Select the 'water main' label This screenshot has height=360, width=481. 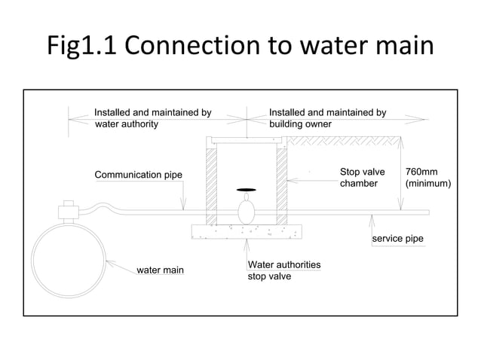point(160,270)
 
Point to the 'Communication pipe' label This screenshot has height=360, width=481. point(138,175)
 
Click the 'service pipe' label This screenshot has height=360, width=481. point(397,239)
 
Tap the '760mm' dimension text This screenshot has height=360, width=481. point(421,172)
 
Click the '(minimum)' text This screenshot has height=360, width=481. point(427,184)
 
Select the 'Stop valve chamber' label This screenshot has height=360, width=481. point(362,178)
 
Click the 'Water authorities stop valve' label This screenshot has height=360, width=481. point(284,270)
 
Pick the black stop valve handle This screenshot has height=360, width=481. point(247,189)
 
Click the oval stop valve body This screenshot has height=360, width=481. point(247,211)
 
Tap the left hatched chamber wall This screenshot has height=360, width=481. point(212,185)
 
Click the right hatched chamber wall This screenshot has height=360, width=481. point(281,185)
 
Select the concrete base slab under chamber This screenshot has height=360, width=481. point(247,231)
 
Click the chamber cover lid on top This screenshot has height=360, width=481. point(247,139)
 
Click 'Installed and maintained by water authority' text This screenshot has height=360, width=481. point(152,118)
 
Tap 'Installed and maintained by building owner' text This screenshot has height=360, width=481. point(327,118)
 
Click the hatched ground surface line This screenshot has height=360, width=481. point(343,141)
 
